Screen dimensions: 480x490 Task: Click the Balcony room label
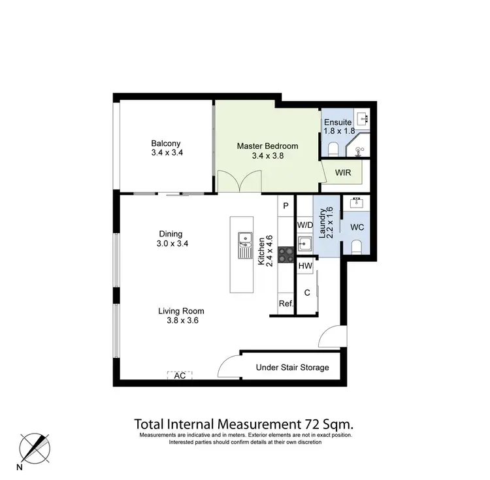[x=165, y=144]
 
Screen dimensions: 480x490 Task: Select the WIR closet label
[x=344, y=173]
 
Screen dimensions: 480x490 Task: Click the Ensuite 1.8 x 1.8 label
[x=338, y=127]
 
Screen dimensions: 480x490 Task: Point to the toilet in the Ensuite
[x=333, y=149]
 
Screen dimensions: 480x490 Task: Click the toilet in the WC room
[x=357, y=247]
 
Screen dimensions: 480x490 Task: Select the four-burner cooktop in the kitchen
[x=286, y=254]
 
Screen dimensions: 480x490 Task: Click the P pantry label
[x=286, y=205]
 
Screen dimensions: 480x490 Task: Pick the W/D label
[x=305, y=225]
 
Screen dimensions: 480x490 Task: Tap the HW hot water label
[x=305, y=266]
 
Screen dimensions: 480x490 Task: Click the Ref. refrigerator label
[x=286, y=304]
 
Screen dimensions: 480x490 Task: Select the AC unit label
[x=180, y=376]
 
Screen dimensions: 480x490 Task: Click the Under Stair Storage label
[x=292, y=368]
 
